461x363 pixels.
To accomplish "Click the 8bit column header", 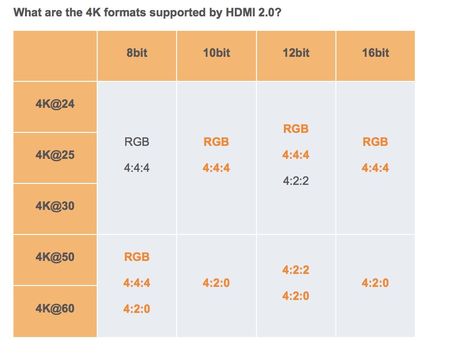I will click(x=137, y=53).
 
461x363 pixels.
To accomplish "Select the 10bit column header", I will click(x=217, y=53).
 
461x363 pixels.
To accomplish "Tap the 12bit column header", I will click(x=296, y=53).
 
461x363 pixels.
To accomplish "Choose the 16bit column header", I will click(x=375, y=53).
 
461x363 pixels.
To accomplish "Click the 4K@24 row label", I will click(x=55, y=104).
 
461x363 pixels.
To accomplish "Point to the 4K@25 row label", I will click(x=55, y=155).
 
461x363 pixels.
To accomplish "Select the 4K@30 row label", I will click(x=55, y=206).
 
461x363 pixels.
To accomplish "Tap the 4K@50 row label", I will click(x=55, y=257).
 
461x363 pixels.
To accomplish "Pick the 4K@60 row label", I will click(x=55, y=308).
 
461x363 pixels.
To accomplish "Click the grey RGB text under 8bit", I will click(x=137, y=142).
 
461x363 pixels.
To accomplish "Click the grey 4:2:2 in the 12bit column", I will click(x=296, y=181).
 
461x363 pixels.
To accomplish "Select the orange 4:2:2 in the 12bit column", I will click(x=296, y=270).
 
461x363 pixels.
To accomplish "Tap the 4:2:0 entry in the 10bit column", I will click(x=217, y=283).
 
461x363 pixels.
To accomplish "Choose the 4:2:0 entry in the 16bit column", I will click(x=375, y=283).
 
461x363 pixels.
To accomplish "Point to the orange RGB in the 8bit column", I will click(x=137, y=257).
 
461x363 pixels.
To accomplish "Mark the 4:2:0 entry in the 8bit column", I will click(x=137, y=309).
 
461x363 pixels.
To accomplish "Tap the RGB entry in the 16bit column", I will click(x=375, y=142).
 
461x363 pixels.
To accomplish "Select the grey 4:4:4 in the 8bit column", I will click(x=137, y=168).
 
